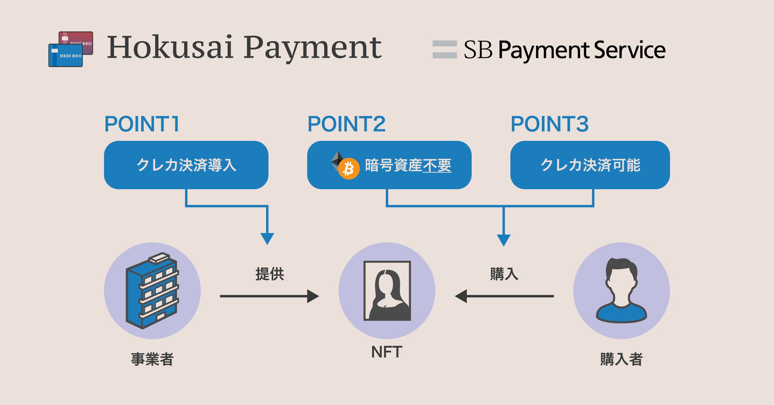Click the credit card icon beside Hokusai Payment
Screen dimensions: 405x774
[x=70, y=49]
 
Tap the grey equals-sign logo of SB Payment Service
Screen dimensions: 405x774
[x=444, y=49]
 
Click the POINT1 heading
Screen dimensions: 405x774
[x=142, y=124]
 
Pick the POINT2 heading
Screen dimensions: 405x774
[x=346, y=124]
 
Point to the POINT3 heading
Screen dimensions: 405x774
[x=550, y=124]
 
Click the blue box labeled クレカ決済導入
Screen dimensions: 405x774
[x=186, y=165]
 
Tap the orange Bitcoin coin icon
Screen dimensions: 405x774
[x=349, y=169]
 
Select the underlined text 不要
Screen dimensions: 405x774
[x=437, y=165]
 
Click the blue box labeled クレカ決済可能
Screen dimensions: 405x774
[x=590, y=165]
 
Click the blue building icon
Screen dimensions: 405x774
[x=152, y=291]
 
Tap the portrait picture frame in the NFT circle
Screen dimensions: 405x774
[x=387, y=291]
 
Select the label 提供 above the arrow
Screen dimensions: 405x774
[x=270, y=274]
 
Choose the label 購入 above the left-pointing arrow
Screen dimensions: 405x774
[x=504, y=274]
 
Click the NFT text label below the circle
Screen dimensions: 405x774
[x=387, y=352]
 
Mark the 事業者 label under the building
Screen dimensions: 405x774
[x=152, y=359]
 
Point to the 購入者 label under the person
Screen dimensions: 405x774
[x=621, y=359]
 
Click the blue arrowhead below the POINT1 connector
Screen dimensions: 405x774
[x=267, y=238]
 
